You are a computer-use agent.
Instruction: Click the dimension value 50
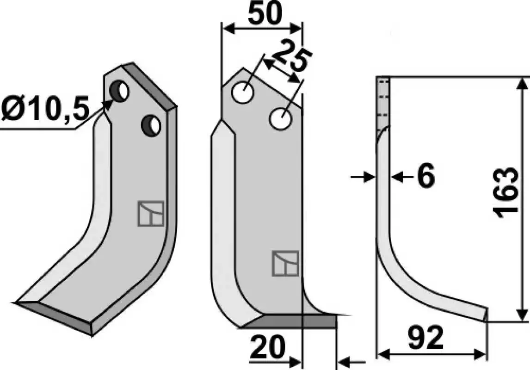click(265, 14)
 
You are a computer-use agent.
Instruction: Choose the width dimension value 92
click(425, 338)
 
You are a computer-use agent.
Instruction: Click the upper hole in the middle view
click(243, 92)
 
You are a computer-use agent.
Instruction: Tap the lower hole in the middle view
click(281, 118)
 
